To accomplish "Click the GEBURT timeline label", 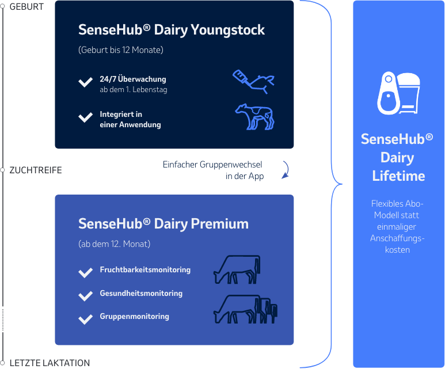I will [x=26, y=6].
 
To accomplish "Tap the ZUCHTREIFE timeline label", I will [x=36, y=170].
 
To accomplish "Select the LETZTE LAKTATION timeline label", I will [x=50, y=363].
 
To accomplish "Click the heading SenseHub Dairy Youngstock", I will [x=172, y=30].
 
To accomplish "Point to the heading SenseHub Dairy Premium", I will [x=163, y=224].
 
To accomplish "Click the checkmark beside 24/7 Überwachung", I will [x=85, y=83].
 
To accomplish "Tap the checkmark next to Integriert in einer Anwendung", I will [x=85, y=118].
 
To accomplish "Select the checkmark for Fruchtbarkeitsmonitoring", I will [x=85, y=272].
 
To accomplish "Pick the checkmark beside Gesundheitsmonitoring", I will [x=85, y=296].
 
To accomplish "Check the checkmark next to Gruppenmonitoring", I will [x=85, y=319].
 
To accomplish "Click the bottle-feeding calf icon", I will [x=253, y=81].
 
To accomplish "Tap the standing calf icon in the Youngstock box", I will [x=255, y=117].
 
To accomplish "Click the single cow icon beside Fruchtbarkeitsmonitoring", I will [x=237, y=269].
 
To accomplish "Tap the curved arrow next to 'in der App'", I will [x=286, y=170].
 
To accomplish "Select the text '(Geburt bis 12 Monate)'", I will [x=121, y=50].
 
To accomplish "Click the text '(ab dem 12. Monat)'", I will [x=114, y=244].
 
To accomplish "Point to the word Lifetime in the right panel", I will [x=398, y=176].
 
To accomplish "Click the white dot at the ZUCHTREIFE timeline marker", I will [x=3, y=170].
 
